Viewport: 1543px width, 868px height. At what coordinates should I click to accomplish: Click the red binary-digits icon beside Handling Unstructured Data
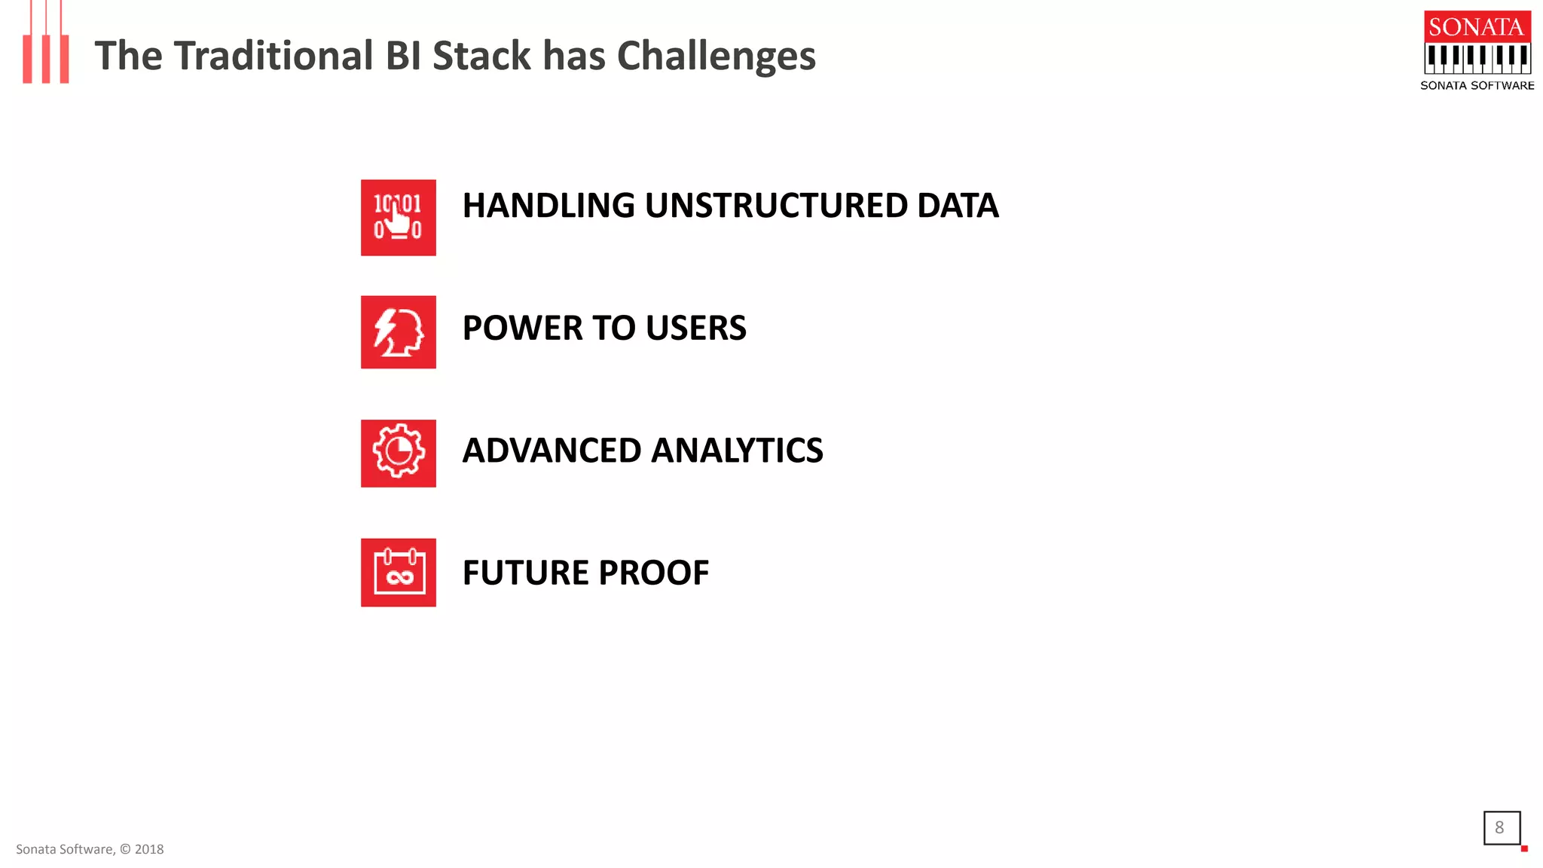pyautogui.click(x=398, y=217)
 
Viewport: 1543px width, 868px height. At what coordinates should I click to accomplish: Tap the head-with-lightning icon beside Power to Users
pyautogui.click(x=398, y=332)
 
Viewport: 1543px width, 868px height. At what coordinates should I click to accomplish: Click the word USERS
pyautogui.click(x=695, y=329)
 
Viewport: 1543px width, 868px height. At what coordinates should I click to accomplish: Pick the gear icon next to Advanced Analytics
pyautogui.click(x=398, y=453)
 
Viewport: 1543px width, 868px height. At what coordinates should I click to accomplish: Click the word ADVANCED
pyautogui.click(x=552, y=451)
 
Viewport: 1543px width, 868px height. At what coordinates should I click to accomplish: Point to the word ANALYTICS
pyautogui.click(x=737, y=451)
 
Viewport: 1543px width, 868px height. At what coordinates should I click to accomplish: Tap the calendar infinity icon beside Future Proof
pyautogui.click(x=398, y=572)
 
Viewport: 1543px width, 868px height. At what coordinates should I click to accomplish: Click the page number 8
pyautogui.click(x=1499, y=827)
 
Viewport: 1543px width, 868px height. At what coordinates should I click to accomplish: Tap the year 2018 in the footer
pyautogui.click(x=149, y=849)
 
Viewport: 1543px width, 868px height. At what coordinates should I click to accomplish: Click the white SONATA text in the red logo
pyautogui.click(x=1477, y=27)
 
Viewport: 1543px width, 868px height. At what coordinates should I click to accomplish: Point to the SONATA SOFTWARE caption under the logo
pyautogui.click(x=1477, y=86)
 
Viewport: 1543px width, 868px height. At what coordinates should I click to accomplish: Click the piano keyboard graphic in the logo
pyautogui.click(x=1477, y=57)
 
